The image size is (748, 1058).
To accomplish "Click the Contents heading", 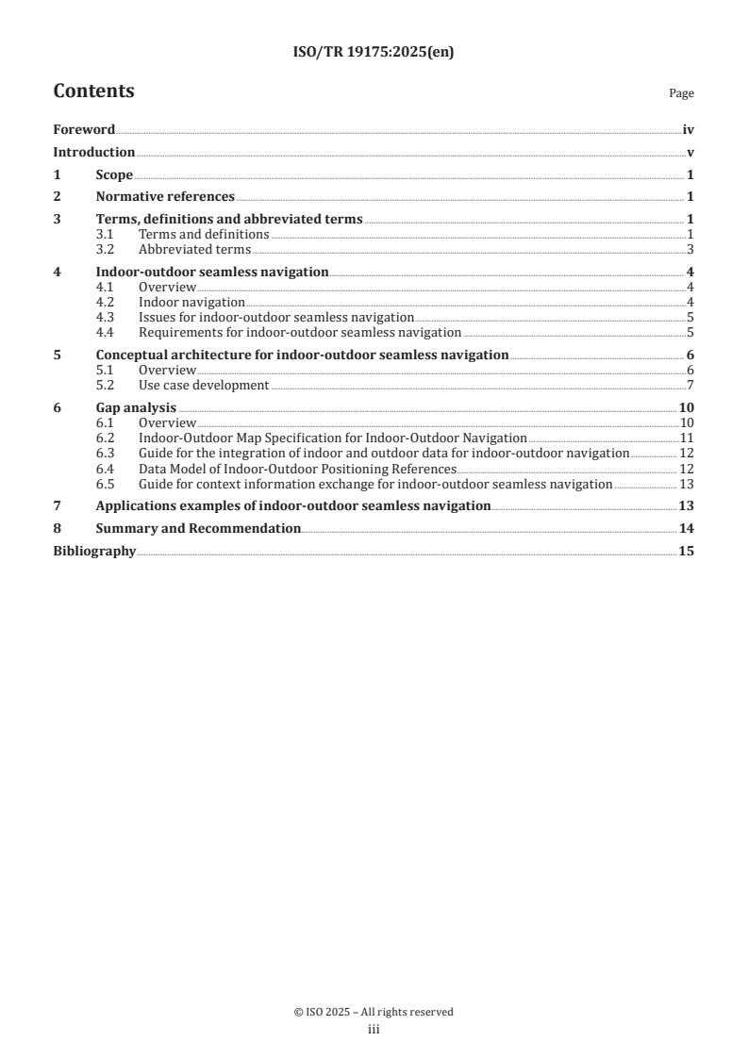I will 93,91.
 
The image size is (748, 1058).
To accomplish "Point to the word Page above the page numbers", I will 681,94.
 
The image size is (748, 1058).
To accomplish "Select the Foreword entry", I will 84,130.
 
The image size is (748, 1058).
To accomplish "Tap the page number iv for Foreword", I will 688,130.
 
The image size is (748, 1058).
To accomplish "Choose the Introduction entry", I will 93,153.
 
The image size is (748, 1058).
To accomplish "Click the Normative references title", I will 165,197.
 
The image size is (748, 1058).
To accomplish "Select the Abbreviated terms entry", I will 194,250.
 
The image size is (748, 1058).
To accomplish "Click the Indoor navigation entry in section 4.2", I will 191,303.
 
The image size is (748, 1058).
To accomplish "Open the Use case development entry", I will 204,385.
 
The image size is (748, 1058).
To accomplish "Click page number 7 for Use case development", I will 690,385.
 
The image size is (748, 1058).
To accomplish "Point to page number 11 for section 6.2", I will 687,438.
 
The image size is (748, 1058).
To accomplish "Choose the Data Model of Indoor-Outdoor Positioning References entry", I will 297,469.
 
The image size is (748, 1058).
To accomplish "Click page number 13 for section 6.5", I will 687,484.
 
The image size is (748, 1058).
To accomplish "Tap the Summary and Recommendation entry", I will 198,529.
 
